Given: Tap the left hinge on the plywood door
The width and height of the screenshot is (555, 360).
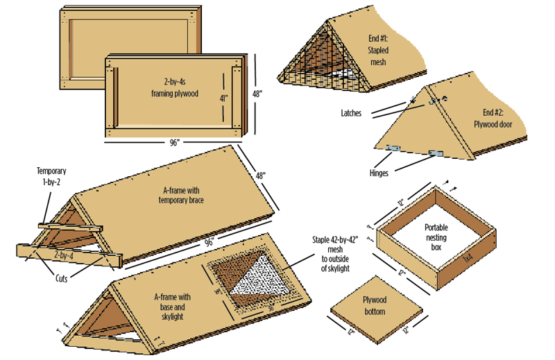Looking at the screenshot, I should click(393, 148).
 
